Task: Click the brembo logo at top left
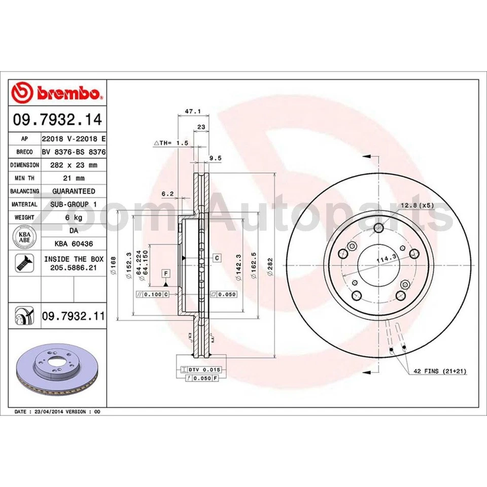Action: [57, 93]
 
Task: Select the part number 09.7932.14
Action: [57, 120]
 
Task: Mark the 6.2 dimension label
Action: [168, 194]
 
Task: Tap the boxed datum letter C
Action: [217, 258]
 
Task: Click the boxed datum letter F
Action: [165, 274]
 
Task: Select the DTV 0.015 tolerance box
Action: [203, 370]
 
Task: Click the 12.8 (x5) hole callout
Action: [418, 205]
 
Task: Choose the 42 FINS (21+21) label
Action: [439, 371]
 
